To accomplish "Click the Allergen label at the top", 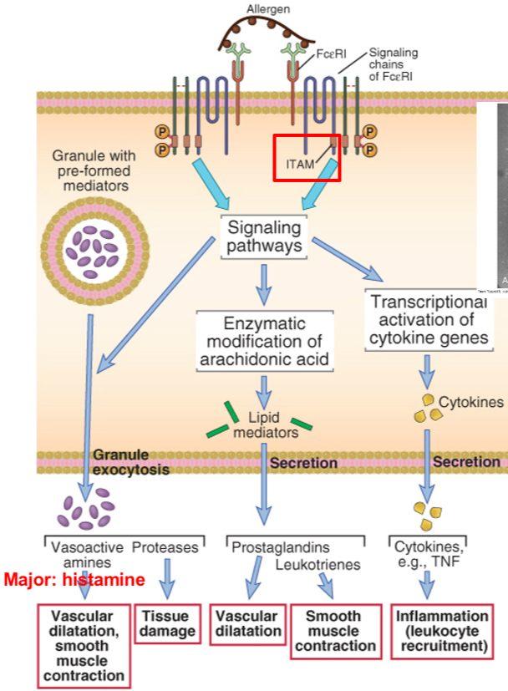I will click(x=269, y=9).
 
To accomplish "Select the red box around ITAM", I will click(x=307, y=156).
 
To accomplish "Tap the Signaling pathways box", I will click(x=262, y=236).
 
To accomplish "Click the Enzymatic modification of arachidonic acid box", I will click(x=265, y=341).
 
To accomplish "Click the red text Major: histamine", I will click(x=75, y=579).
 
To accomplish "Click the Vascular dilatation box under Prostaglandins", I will click(x=247, y=623).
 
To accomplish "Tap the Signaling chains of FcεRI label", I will click(x=393, y=64).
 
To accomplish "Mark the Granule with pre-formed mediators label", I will click(x=90, y=170).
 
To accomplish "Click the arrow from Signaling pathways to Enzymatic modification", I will click(x=264, y=284).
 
